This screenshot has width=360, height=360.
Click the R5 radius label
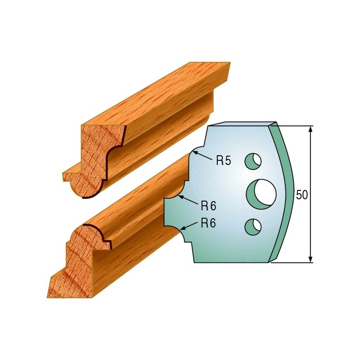(223, 161)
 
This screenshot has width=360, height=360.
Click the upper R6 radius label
(208, 206)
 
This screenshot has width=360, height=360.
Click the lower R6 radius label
(208, 223)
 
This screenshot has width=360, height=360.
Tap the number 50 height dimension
(301, 195)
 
